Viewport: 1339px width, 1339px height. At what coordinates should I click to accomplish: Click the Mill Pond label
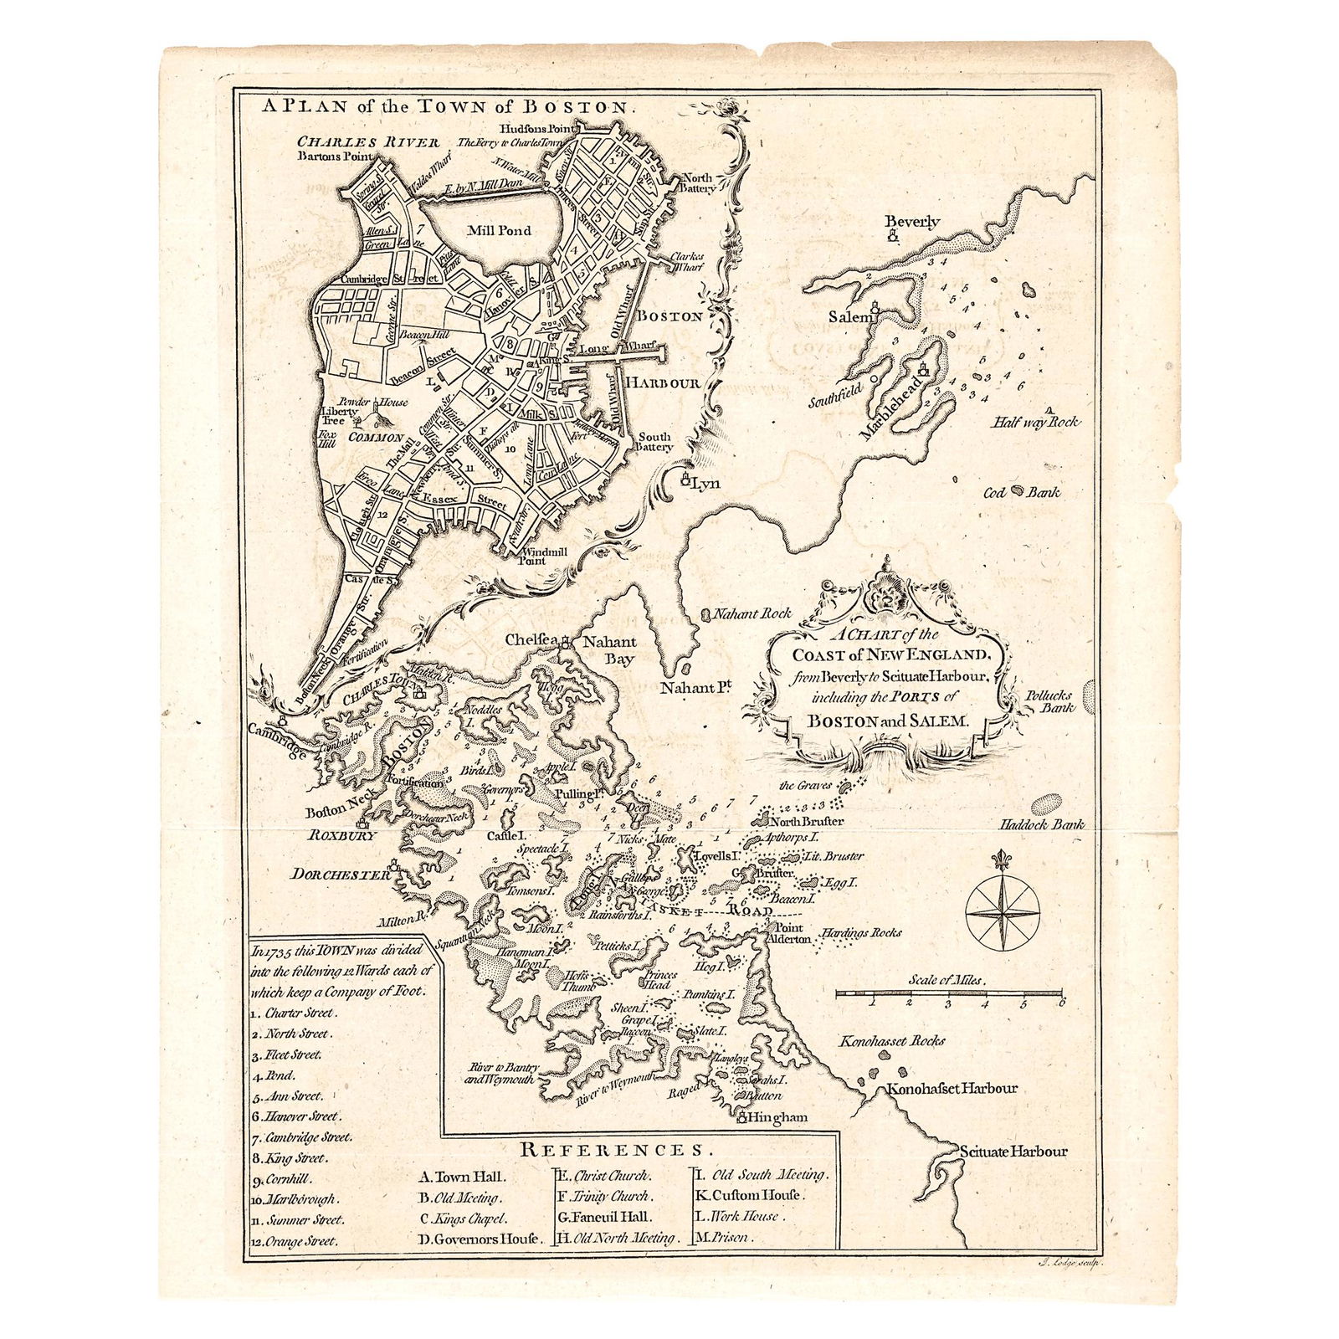(x=500, y=230)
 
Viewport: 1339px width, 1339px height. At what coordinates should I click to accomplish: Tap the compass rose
(x=1003, y=911)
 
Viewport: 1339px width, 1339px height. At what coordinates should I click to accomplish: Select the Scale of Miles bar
(x=949, y=993)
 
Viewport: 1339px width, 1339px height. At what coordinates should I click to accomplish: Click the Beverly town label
(x=912, y=222)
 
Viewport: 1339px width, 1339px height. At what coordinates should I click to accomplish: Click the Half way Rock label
(x=1036, y=422)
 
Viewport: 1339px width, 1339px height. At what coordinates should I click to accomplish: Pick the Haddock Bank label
(x=1041, y=824)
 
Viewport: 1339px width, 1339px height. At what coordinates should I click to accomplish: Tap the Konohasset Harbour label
(x=952, y=1088)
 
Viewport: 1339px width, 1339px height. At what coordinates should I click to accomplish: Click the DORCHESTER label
(x=340, y=874)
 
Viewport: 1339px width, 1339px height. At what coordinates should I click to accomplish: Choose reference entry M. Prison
(x=729, y=1237)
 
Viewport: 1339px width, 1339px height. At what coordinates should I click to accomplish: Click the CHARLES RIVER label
(x=368, y=142)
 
